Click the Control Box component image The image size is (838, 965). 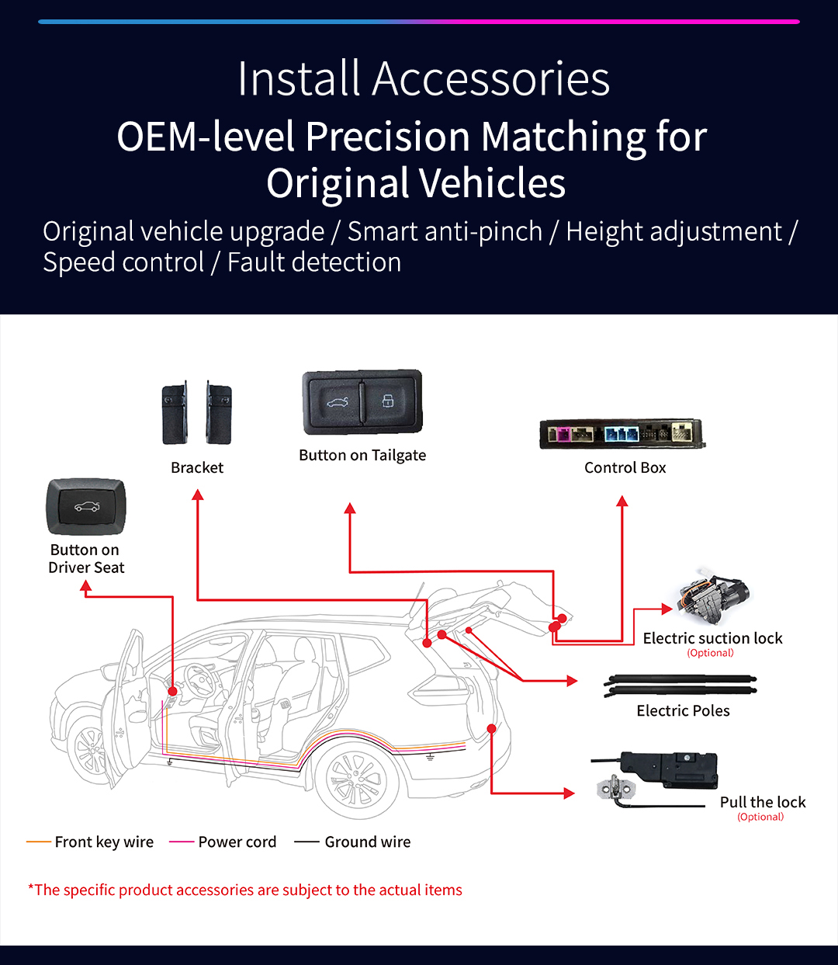click(622, 435)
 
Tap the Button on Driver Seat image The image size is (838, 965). click(85, 507)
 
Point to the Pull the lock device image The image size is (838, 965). click(660, 776)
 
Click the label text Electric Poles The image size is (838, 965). click(683, 710)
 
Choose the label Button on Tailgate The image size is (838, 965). click(362, 455)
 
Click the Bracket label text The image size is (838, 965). click(197, 467)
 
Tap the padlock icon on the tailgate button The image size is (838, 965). click(388, 401)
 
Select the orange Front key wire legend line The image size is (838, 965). click(38, 842)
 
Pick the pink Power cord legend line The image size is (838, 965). click(181, 842)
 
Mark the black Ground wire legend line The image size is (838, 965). click(306, 842)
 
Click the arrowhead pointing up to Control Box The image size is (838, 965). click(622, 502)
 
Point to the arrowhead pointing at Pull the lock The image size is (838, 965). click(570, 793)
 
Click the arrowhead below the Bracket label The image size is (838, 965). click(198, 495)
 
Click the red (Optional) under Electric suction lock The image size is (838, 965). click(710, 653)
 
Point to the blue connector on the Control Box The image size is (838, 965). click(621, 433)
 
